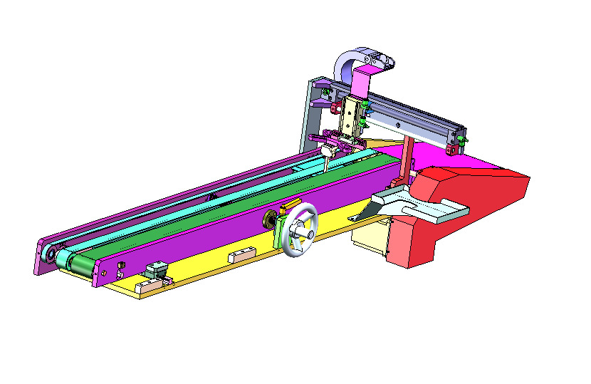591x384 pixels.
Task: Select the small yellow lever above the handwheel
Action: point(289,207)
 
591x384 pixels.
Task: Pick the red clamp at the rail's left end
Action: point(334,108)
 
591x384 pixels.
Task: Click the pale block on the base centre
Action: point(241,254)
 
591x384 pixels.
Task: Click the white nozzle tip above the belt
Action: point(329,152)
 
